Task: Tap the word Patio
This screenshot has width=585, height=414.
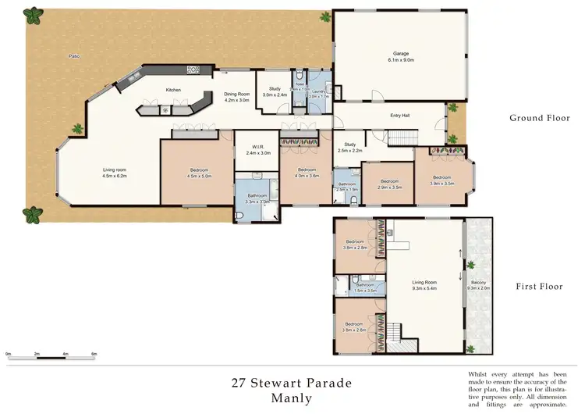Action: pyautogui.click(x=74, y=56)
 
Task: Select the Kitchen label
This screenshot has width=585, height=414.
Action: pyautogui.click(x=173, y=90)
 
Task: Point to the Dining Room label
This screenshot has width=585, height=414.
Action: pyautogui.click(x=236, y=97)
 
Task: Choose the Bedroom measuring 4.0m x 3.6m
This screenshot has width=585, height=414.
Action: pyautogui.click(x=306, y=173)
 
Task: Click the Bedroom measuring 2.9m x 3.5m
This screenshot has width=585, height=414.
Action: pyautogui.click(x=388, y=184)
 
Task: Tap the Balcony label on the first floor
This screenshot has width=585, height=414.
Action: pyautogui.click(x=478, y=284)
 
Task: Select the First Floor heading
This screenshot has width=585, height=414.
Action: pyautogui.click(x=538, y=287)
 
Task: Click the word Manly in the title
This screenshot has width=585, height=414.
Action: pyautogui.click(x=292, y=398)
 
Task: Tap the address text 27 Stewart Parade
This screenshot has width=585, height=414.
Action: pyautogui.click(x=292, y=383)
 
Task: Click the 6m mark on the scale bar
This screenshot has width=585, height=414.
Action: pyautogui.click(x=94, y=354)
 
